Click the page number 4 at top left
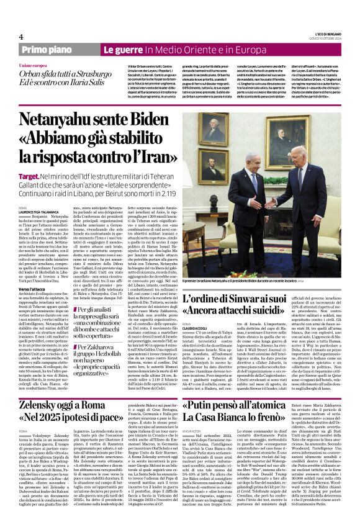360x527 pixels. coord(21,37)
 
